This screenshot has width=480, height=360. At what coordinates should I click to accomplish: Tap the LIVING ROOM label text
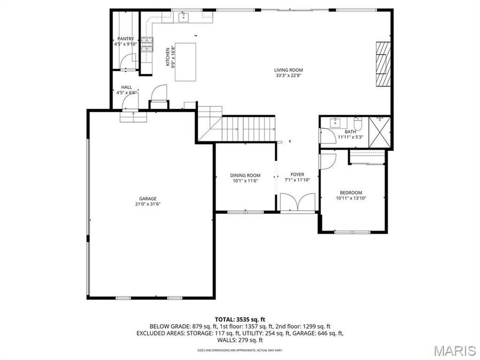(289, 70)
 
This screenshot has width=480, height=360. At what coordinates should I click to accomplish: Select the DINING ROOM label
(245, 175)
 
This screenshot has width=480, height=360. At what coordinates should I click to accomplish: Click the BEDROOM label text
(351, 193)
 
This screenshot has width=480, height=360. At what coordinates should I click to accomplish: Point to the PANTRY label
(125, 39)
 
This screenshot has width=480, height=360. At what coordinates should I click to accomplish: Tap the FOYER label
(297, 174)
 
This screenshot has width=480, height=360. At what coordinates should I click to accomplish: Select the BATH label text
(350, 132)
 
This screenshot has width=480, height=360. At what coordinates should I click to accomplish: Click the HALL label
(126, 87)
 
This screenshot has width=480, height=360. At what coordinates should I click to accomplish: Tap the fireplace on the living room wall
(382, 62)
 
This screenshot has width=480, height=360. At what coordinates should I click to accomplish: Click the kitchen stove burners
(147, 41)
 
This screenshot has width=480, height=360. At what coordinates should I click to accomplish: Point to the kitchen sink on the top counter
(184, 18)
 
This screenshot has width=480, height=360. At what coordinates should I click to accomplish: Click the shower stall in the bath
(380, 131)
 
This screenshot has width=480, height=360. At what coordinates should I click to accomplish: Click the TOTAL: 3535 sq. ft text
(240, 319)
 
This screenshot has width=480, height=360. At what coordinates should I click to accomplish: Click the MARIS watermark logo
(454, 350)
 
